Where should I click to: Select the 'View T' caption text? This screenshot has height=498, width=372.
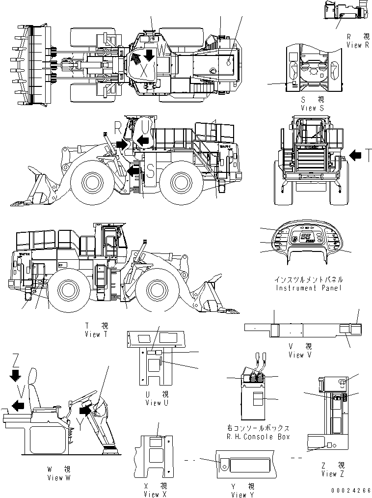(99, 334)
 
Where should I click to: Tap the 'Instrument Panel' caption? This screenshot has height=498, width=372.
(308, 288)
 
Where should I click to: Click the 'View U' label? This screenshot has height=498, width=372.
(157, 403)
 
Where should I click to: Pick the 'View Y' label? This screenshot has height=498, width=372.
(243, 495)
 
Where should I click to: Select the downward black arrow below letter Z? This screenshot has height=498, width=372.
(16, 376)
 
